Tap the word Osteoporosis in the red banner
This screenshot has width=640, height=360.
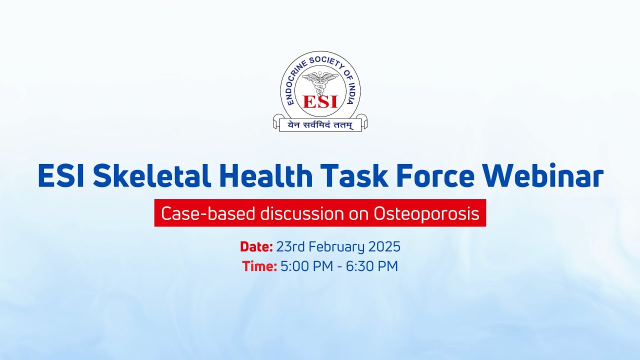pos(426,214)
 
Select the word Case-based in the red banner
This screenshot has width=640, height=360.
pos(208,214)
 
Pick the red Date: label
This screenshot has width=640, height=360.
pos(256,246)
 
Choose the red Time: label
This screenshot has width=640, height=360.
pos(259,266)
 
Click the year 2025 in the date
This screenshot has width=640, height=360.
pos(384,246)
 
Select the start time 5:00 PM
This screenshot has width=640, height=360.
pos(306,266)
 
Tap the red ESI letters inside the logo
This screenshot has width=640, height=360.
pos(320,101)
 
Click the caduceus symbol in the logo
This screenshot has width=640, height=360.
pos(320,82)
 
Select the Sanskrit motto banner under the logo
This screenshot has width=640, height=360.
pos(320,125)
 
